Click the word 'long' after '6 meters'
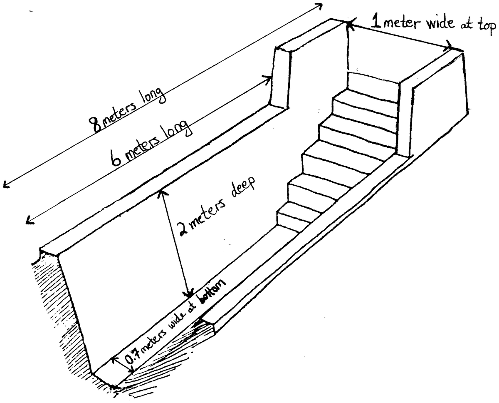(x=179, y=129)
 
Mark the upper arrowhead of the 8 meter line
(x=319, y=6)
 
